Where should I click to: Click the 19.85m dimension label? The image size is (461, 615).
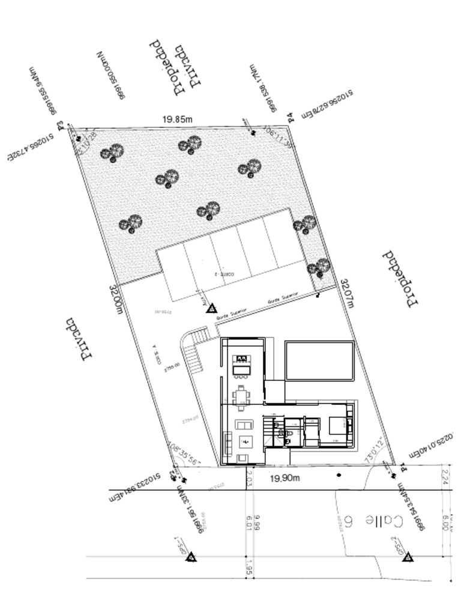[178, 119]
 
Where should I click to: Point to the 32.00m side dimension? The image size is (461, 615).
[116, 299]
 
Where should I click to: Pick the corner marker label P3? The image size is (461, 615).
[60, 126]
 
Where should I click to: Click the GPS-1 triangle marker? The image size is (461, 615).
[191, 557]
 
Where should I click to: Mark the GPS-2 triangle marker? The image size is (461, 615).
[407, 557]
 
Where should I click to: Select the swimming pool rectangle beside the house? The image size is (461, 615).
[320, 360]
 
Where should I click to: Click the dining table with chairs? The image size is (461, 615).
[241, 395]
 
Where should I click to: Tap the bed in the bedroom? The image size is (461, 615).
[336, 426]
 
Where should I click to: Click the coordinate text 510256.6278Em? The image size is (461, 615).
[327, 104]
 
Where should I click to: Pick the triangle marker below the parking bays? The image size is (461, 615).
[211, 307]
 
